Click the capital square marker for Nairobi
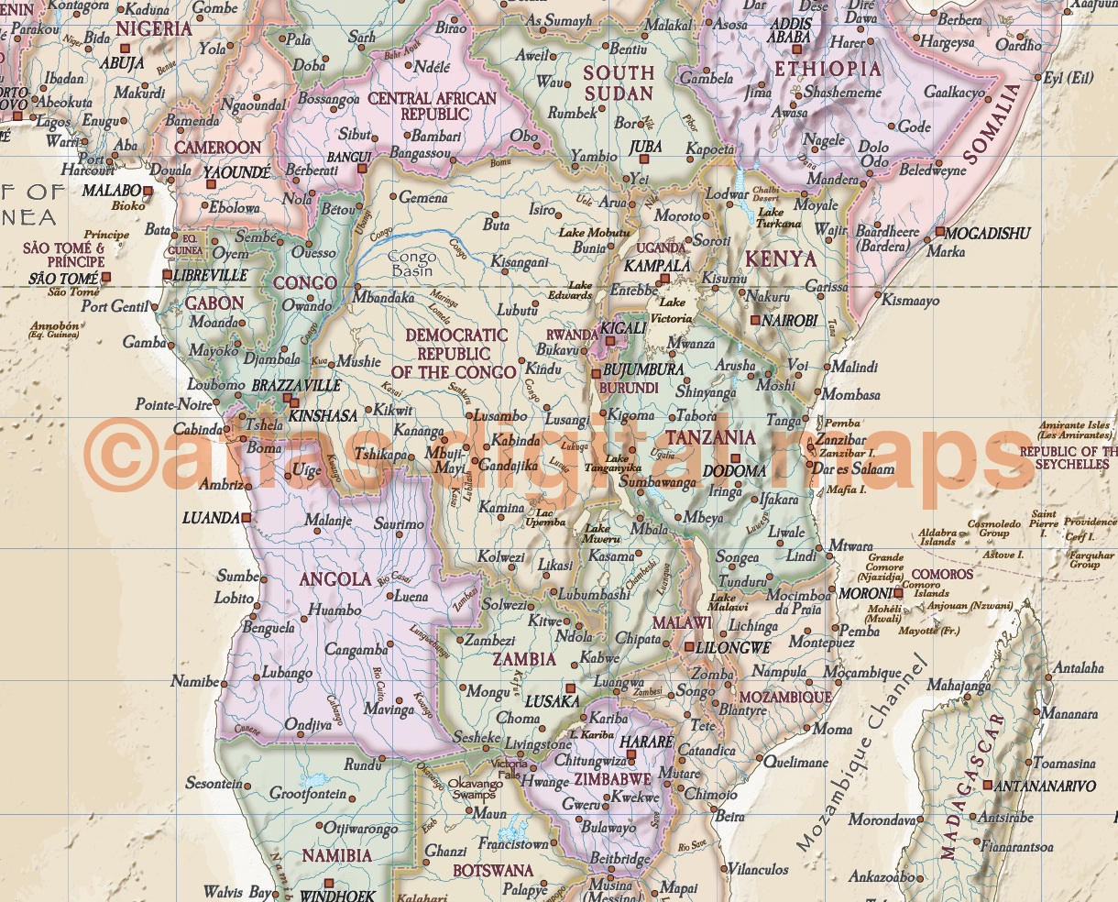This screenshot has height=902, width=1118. point(754,320)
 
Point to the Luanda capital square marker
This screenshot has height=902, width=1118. point(245,518)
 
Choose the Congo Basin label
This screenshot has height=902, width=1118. point(411,265)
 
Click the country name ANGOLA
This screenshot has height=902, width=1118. point(335,579)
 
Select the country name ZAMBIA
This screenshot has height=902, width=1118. point(523,659)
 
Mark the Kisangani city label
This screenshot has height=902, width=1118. point(519,262)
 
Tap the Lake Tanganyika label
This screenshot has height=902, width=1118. point(617,463)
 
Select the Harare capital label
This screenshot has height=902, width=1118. point(647,742)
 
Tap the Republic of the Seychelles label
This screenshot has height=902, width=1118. point(1069,457)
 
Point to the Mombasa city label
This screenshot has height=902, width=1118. point(850,395)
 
